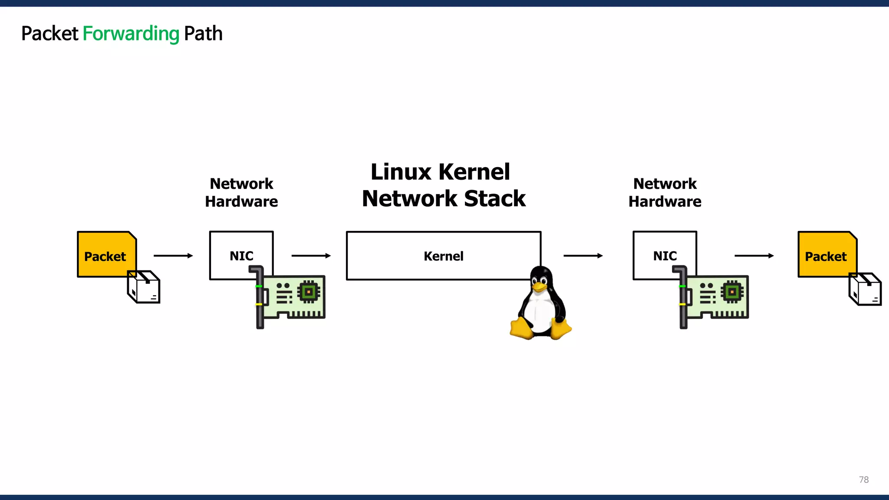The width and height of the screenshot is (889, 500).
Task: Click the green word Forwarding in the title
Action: [131, 34]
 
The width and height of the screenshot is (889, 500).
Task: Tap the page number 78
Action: [863, 480]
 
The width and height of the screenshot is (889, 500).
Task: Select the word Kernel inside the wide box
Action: [443, 256]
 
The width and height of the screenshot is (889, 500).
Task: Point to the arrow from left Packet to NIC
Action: [173, 256]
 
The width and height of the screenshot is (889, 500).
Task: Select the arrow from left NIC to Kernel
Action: [311, 256]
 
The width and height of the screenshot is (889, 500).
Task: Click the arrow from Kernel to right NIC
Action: [583, 256]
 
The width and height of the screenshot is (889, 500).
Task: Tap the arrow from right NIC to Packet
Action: [754, 256]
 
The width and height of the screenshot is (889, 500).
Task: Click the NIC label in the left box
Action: [241, 256]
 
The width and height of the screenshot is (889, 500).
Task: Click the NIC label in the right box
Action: [665, 256]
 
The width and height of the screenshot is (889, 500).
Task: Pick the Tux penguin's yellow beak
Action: [539, 286]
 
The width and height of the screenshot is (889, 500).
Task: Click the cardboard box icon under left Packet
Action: [144, 287]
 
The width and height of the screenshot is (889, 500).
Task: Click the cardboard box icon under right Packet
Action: [865, 289]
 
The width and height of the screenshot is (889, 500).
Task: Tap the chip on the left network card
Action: [309, 292]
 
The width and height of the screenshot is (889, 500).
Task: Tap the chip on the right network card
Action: [732, 292]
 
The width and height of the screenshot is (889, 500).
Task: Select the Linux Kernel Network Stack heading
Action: [443, 185]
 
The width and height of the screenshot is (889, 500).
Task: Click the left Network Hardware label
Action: [241, 192]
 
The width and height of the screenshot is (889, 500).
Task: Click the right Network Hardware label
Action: [665, 192]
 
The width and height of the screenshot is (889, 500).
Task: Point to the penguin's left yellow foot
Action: [521, 329]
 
